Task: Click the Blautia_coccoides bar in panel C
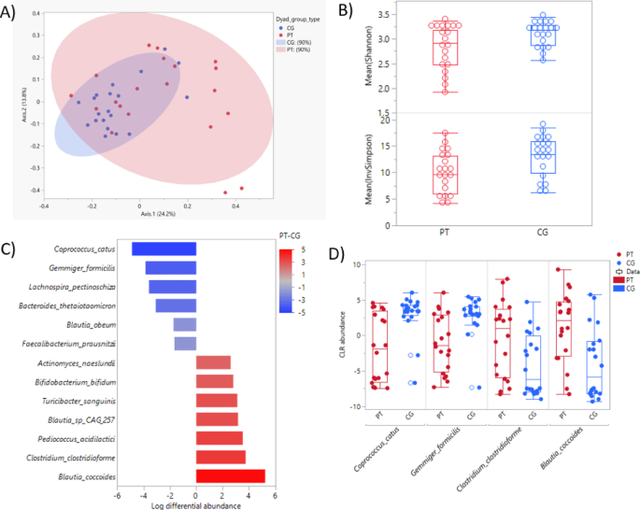click(x=231, y=476)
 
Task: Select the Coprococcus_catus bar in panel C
click(x=164, y=248)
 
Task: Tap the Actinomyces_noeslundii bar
click(x=213, y=362)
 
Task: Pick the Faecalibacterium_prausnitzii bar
click(x=185, y=344)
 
